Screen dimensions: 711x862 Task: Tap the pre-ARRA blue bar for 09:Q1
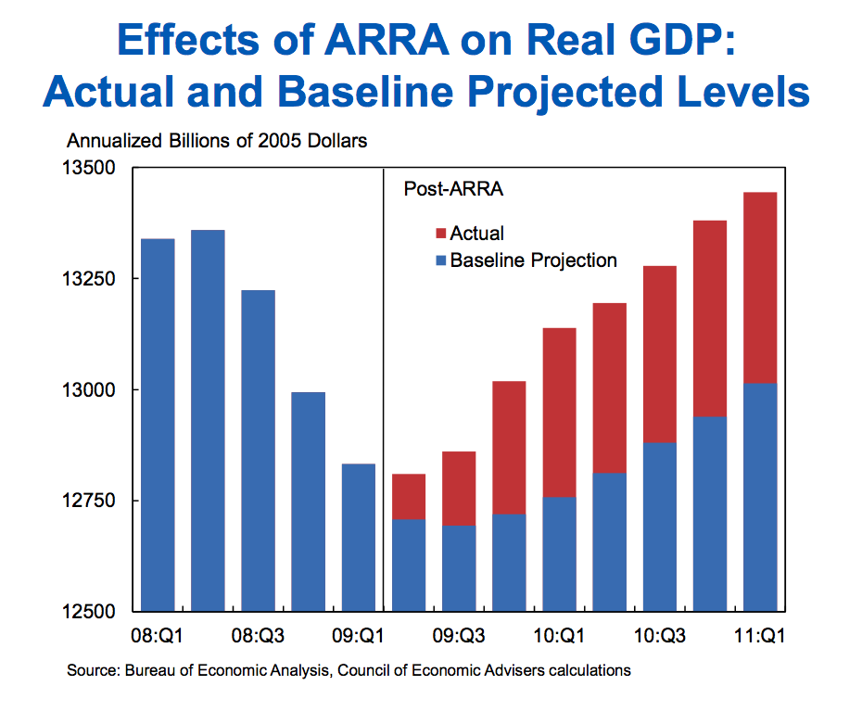click(358, 537)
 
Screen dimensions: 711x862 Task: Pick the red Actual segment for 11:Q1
click(759, 287)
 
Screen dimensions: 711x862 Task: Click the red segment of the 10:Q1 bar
click(559, 413)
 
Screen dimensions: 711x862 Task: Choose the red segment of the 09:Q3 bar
click(458, 489)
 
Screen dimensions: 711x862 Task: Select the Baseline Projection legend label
click(533, 260)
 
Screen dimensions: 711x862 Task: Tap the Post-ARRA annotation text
click(453, 189)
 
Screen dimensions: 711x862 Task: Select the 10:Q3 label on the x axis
click(659, 636)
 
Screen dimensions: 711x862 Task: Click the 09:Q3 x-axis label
click(458, 636)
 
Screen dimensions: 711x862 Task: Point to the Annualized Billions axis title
click(217, 141)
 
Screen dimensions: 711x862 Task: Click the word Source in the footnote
click(91, 669)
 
